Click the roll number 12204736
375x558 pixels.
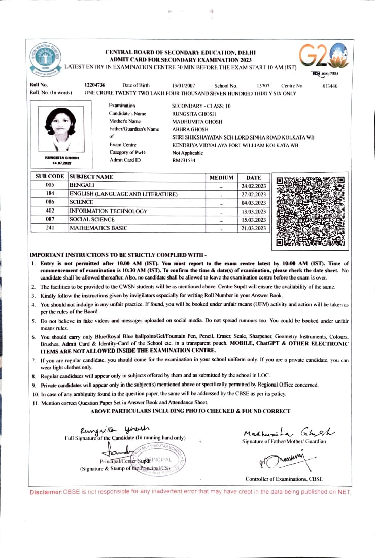point(95,85)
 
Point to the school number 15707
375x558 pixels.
point(263,86)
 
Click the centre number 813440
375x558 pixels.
point(330,86)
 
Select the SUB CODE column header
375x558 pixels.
point(50,177)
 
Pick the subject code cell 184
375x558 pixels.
point(50,194)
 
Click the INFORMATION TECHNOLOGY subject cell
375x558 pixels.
point(109,211)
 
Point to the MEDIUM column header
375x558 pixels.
point(222,178)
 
